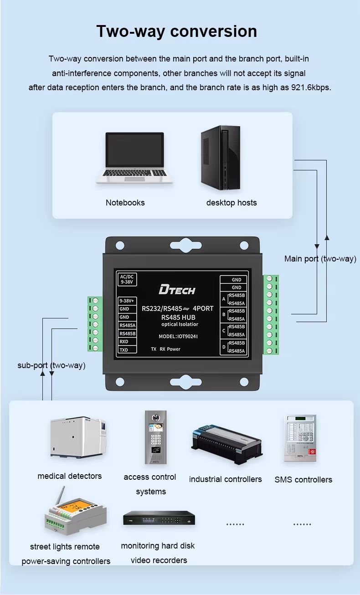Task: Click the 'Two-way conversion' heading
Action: pos(177,31)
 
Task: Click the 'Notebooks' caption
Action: pos(125,203)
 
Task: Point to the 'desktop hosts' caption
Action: pos(231,203)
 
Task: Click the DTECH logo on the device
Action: pos(177,290)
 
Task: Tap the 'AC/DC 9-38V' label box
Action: pos(126,279)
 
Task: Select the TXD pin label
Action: pos(124,350)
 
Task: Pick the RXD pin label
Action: pos(124,342)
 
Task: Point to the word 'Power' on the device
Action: pos(174,349)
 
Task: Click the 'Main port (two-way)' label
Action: pos(320,259)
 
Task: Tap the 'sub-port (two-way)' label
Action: pos(51,365)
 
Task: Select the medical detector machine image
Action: pos(78,437)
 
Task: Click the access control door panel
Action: pos(155,437)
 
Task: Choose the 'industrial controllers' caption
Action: pos(226,479)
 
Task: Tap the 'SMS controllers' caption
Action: pos(303,480)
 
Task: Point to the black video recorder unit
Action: pos(159,518)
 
